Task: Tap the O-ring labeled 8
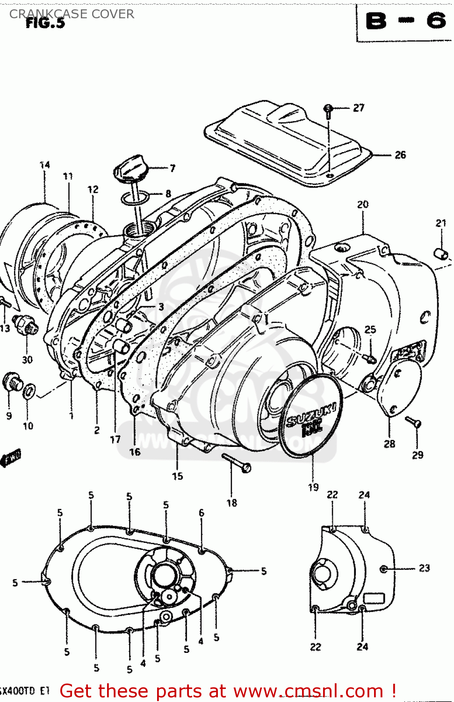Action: (135, 198)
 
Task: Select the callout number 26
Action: (400, 155)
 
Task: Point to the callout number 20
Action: (363, 205)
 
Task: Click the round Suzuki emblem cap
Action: (310, 416)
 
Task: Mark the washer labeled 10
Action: (29, 390)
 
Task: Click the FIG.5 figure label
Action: (45, 23)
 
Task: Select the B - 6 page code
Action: (405, 21)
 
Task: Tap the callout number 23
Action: (424, 568)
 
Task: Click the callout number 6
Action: (202, 513)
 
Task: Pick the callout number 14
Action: (45, 165)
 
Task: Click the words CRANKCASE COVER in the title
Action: (72, 14)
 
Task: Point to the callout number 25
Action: (370, 329)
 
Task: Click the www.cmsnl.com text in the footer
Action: (309, 691)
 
